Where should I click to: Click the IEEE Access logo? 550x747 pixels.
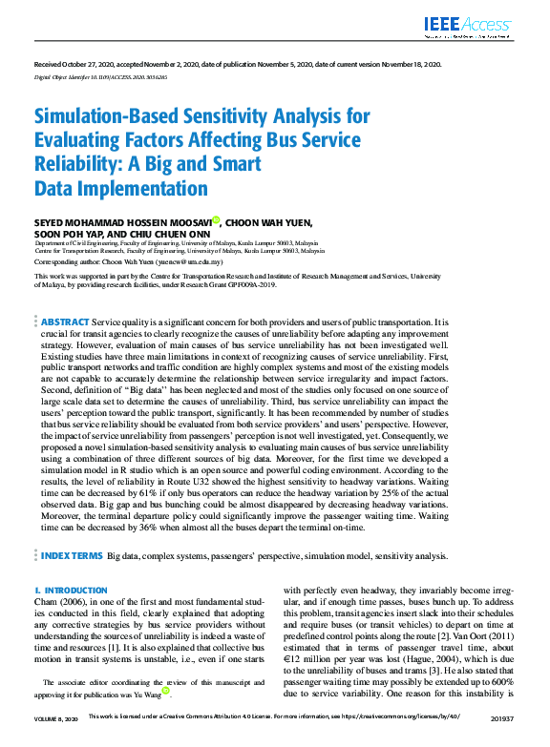click(x=468, y=26)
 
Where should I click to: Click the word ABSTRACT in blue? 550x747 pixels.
click(x=65, y=322)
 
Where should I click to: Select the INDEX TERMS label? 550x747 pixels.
click(x=72, y=554)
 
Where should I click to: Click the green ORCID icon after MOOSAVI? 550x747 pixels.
click(x=217, y=220)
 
